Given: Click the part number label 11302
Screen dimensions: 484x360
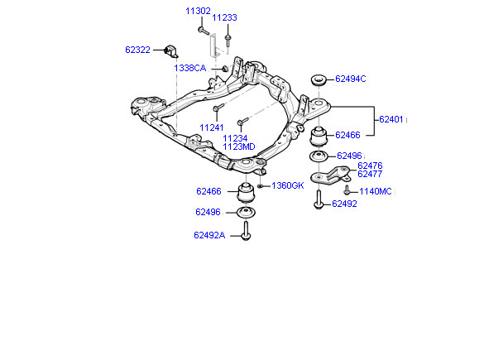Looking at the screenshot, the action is coord(198,11).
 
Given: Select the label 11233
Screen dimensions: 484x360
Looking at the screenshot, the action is coord(224,17).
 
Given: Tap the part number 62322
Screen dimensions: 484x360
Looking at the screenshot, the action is coord(137,50).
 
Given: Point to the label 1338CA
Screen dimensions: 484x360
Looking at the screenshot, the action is coord(189,68).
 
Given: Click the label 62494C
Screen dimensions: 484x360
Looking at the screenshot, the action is coord(350,79).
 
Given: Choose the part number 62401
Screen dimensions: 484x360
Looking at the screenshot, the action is coord(391,119).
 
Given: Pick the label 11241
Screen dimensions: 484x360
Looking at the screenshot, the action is coord(212,127).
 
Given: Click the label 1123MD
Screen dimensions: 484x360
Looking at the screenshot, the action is coord(239,146).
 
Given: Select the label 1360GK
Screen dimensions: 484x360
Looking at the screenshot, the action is coord(288,185).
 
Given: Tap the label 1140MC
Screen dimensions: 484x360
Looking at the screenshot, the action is coord(376,191).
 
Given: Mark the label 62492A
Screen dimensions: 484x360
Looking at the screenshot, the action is coord(209,235).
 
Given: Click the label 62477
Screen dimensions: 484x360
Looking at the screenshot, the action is coord(370,174).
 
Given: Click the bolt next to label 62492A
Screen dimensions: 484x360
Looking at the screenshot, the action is coord(246,230).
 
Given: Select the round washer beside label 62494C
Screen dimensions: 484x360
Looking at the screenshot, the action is coord(319,80).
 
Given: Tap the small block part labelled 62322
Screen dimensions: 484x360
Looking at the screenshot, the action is coord(171,51).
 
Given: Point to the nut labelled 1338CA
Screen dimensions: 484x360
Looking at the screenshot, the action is coord(225,68).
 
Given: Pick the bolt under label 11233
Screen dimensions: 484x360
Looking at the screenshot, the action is coord(228,41).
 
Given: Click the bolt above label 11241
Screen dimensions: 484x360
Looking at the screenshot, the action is coord(218,107).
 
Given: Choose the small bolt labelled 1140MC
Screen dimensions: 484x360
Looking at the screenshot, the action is coord(347,190).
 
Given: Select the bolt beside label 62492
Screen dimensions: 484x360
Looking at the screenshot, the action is coord(319,199).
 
